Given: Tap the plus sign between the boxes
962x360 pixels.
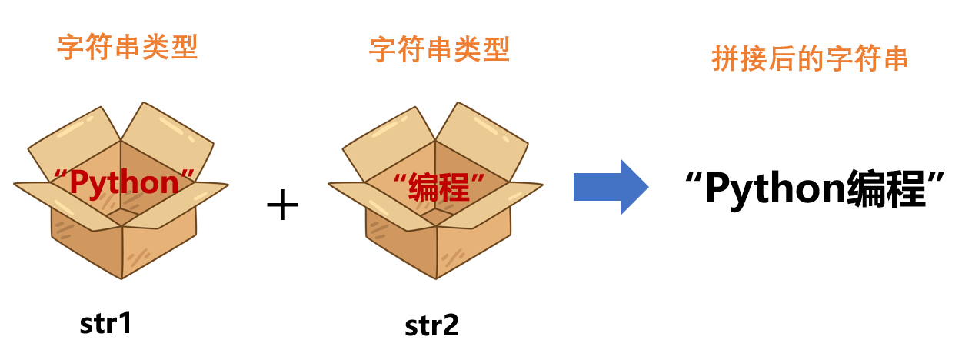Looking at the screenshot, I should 282,206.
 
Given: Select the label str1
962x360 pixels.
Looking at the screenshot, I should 106,323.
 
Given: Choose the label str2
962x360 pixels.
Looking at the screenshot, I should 431,326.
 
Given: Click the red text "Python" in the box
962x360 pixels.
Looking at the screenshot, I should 123,183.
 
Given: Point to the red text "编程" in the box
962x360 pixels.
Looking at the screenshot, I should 439,187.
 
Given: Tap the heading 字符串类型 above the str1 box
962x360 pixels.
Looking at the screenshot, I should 128,48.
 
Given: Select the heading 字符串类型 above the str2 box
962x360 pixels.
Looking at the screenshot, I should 439,51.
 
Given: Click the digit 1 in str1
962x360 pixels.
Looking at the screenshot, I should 125,323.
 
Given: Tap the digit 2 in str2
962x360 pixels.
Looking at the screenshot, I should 451,326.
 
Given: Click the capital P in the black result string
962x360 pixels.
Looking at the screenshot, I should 717,188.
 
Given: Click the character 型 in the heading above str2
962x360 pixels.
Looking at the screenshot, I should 496,51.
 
